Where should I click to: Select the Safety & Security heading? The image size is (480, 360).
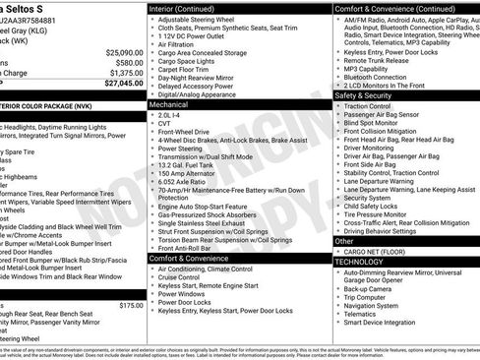click(363, 95)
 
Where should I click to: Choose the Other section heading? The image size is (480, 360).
click(345, 240)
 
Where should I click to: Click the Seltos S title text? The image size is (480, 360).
click(39, 8)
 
